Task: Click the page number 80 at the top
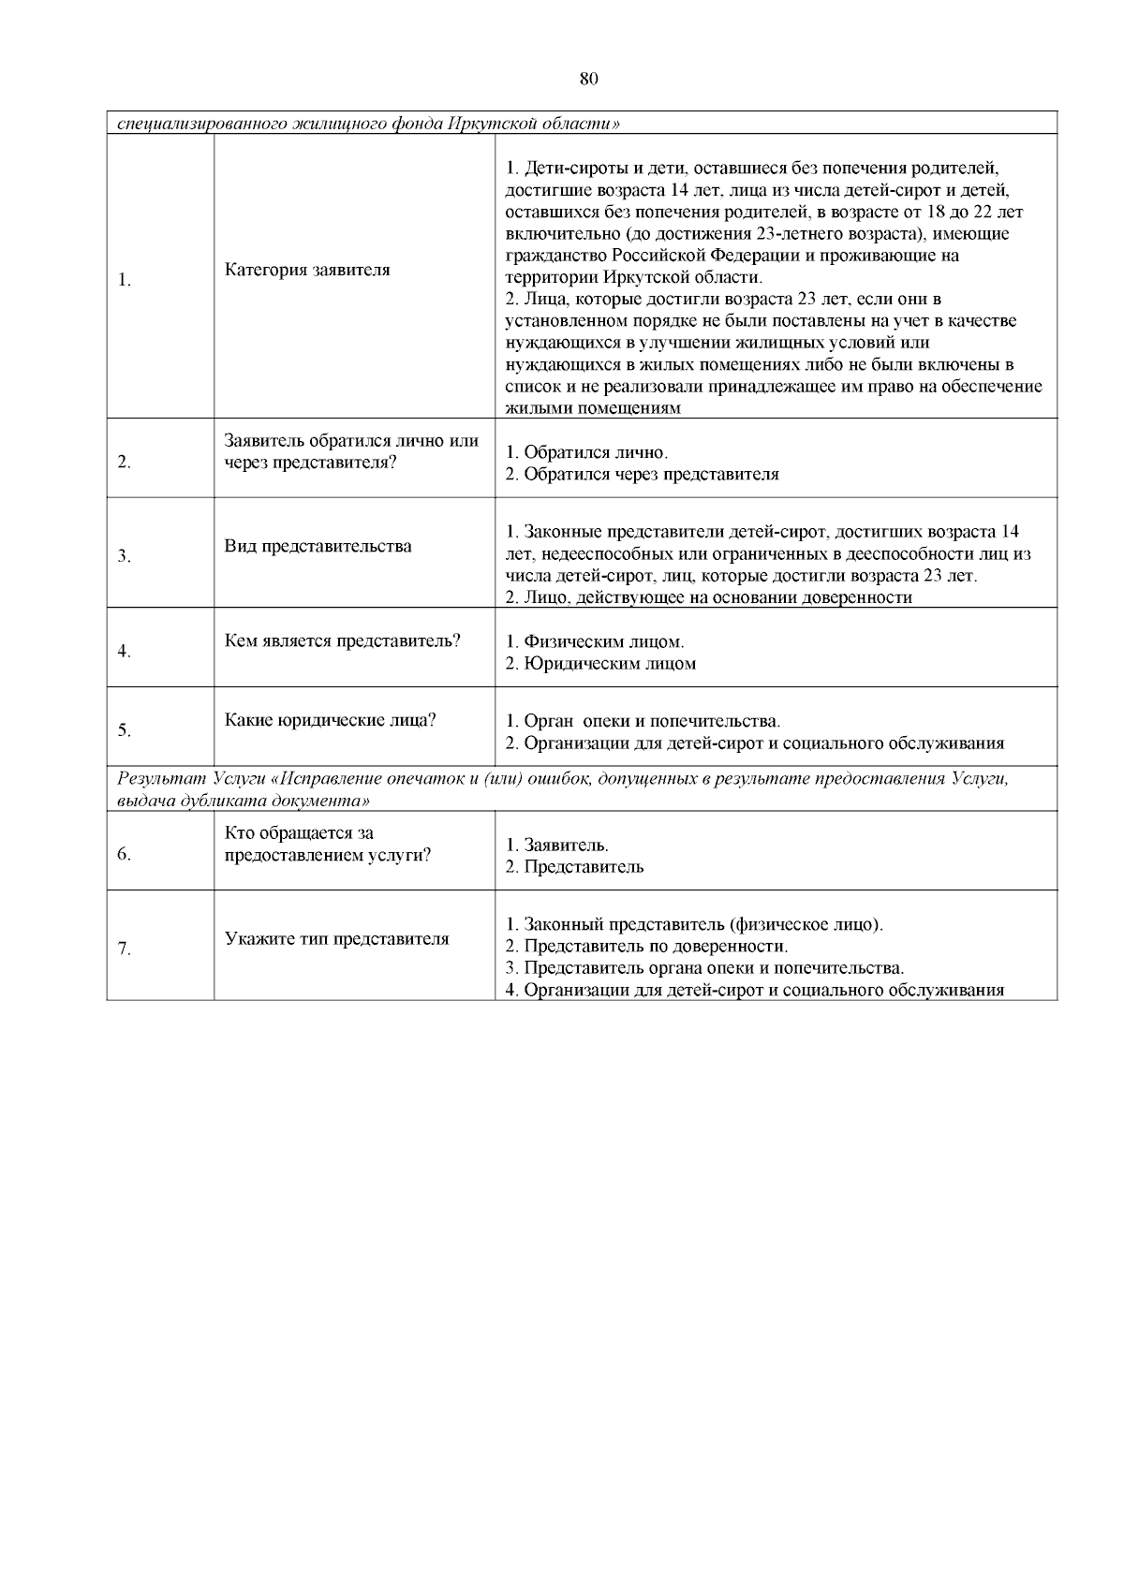tap(588, 79)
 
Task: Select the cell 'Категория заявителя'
tap(307, 270)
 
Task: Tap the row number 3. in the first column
tap(124, 557)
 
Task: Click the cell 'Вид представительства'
tap(318, 546)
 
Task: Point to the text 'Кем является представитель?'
tap(343, 641)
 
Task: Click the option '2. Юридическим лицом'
tap(600, 664)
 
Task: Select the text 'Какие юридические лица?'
tap(331, 720)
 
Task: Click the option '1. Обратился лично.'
tap(587, 452)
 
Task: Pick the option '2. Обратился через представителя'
tap(642, 474)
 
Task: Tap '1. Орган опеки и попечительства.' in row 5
tap(643, 722)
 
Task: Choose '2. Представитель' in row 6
tap(574, 866)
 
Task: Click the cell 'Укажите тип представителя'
tap(336, 939)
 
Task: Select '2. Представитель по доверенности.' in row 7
tap(646, 947)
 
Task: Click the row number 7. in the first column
tap(124, 949)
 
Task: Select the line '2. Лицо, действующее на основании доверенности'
tap(708, 597)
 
